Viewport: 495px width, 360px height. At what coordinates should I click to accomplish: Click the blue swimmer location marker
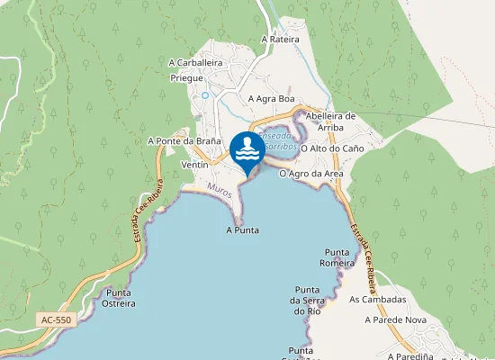click(247, 151)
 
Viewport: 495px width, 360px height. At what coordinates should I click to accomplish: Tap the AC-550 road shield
click(56, 319)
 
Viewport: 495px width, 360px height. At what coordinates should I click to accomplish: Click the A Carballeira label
click(195, 63)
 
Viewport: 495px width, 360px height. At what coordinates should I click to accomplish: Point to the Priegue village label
click(187, 78)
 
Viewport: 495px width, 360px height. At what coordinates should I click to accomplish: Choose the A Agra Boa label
click(271, 98)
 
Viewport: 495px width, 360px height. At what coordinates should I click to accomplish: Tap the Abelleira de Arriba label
click(332, 121)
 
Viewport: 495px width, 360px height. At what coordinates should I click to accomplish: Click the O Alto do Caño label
click(332, 148)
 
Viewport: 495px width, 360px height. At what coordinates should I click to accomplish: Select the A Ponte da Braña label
click(184, 141)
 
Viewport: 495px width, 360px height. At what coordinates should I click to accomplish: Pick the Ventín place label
click(195, 166)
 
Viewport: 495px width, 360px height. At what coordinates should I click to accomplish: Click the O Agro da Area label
click(310, 173)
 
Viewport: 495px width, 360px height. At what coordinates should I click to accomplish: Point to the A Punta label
click(242, 230)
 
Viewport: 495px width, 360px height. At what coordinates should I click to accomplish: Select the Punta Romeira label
click(337, 257)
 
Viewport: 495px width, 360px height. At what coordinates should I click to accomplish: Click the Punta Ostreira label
click(121, 298)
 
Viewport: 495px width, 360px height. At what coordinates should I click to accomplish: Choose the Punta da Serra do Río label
click(307, 300)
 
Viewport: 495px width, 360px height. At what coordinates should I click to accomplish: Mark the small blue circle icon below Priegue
click(205, 94)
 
